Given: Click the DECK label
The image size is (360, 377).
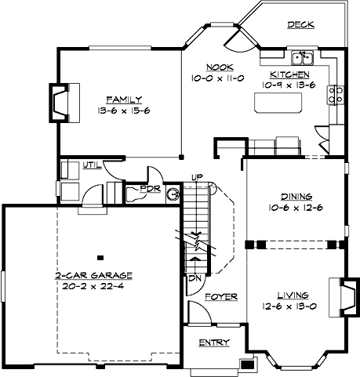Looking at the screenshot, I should pyautogui.click(x=300, y=25).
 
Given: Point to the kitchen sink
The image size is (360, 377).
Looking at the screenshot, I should pyautogui.click(x=302, y=57).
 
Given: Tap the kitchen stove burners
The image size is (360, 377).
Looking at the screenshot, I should pyautogui.click(x=337, y=95).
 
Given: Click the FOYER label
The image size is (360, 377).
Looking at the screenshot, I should pyautogui.click(x=216, y=298).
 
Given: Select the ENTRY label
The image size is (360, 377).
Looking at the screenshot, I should pyautogui.click(x=213, y=343).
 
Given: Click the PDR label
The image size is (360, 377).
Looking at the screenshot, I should pyautogui.click(x=150, y=189).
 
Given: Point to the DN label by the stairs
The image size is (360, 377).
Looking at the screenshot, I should pyautogui.click(x=191, y=277).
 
